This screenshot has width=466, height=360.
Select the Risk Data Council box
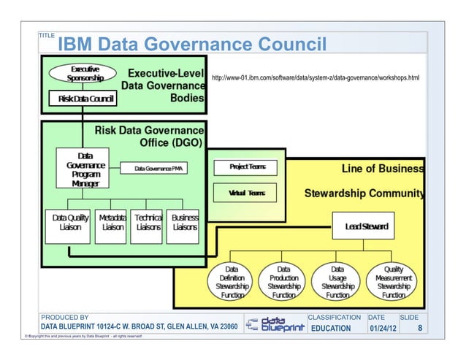(81, 98)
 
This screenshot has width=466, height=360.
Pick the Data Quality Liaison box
(70, 223)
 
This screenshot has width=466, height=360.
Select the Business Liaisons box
(184, 223)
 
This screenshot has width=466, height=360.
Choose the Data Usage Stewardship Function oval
(337, 282)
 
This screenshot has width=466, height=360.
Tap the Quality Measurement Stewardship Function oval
(393, 282)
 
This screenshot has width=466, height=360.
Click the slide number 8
(419, 328)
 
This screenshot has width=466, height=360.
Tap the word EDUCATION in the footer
(332, 328)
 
